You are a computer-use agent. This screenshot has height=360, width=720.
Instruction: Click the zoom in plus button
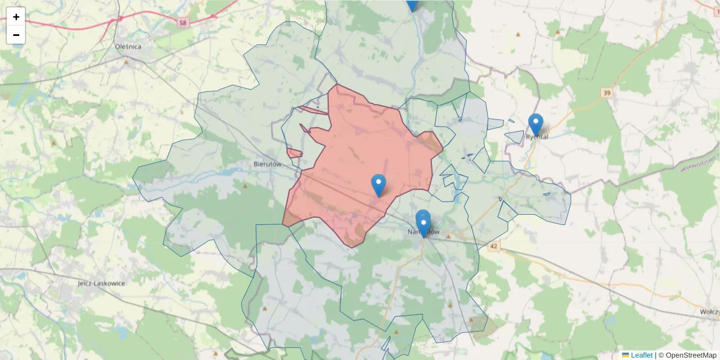(16, 17)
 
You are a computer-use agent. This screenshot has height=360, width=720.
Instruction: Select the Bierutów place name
(268, 163)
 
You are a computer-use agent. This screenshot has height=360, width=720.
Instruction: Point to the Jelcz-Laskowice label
(101, 283)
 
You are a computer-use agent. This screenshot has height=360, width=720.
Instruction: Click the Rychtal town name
(537, 137)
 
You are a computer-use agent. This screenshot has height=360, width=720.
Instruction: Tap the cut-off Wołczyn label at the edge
(710, 313)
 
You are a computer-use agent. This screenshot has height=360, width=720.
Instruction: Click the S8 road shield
(182, 22)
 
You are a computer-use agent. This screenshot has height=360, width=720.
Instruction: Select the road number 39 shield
(607, 92)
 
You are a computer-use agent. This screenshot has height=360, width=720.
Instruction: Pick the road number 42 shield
(494, 246)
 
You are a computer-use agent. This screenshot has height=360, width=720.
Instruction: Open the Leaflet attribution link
(641, 355)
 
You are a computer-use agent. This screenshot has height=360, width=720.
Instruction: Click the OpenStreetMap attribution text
(691, 355)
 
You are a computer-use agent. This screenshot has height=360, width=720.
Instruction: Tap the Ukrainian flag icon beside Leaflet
(625, 355)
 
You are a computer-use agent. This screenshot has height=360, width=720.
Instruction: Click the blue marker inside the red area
(379, 185)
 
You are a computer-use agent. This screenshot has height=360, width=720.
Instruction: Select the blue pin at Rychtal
(536, 124)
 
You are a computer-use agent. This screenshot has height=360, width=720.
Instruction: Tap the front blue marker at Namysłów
(424, 227)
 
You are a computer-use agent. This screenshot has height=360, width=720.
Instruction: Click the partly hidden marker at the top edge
(412, 5)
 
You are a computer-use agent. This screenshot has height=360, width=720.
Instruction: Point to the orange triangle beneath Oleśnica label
(126, 62)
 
